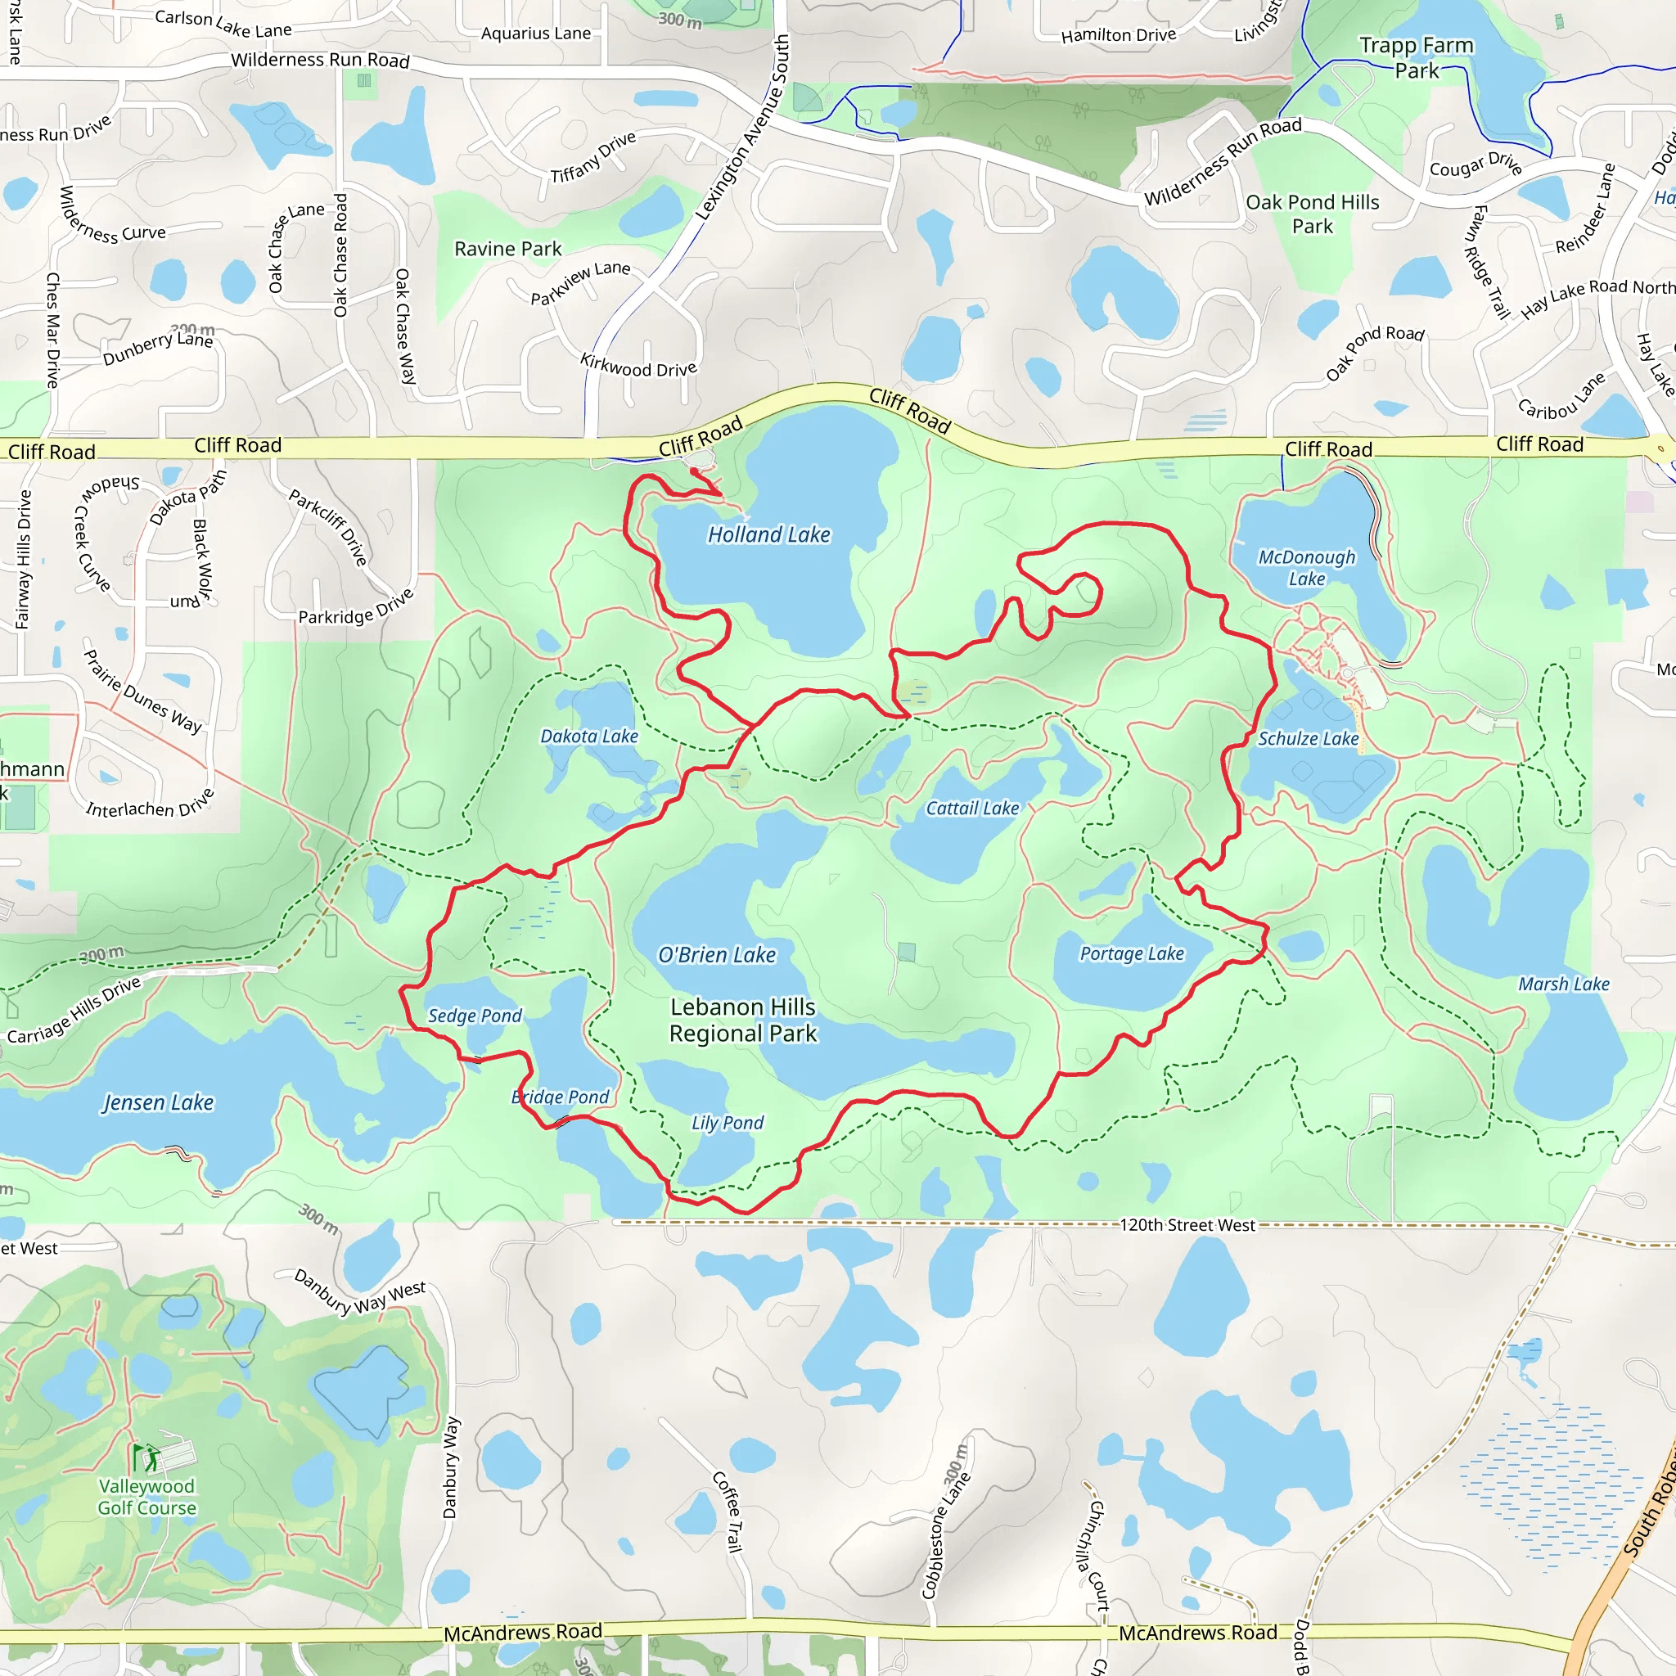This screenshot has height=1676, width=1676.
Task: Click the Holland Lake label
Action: pos(768,534)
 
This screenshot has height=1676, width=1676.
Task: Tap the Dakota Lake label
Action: pos(589,737)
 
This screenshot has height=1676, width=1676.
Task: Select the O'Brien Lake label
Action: pos(717,955)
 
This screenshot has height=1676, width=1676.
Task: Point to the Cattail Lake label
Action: pos(972,809)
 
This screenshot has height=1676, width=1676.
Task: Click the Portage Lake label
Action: pos(1131,953)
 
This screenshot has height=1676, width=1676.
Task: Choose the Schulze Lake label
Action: pos(1309,738)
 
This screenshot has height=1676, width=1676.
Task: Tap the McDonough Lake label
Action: pos(1306,567)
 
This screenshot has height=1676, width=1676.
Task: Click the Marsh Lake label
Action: pos(1563,984)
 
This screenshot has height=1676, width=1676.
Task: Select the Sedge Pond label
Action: pos(475,1016)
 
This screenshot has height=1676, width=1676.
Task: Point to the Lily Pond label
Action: pos(727,1123)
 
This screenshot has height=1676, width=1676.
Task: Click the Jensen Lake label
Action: pos(158,1102)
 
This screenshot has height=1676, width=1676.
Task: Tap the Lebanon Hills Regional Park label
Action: pos(742,1020)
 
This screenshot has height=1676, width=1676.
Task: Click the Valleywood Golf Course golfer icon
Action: pos(147,1457)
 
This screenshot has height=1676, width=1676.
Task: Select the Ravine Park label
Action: pos(507,249)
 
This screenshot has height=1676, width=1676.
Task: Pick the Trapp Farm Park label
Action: pos(1416,57)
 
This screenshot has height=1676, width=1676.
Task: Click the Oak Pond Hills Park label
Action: pos(1312,214)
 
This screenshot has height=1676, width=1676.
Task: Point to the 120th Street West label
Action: pos(1187,1225)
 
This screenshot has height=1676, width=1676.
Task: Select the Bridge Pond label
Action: pos(561,1097)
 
